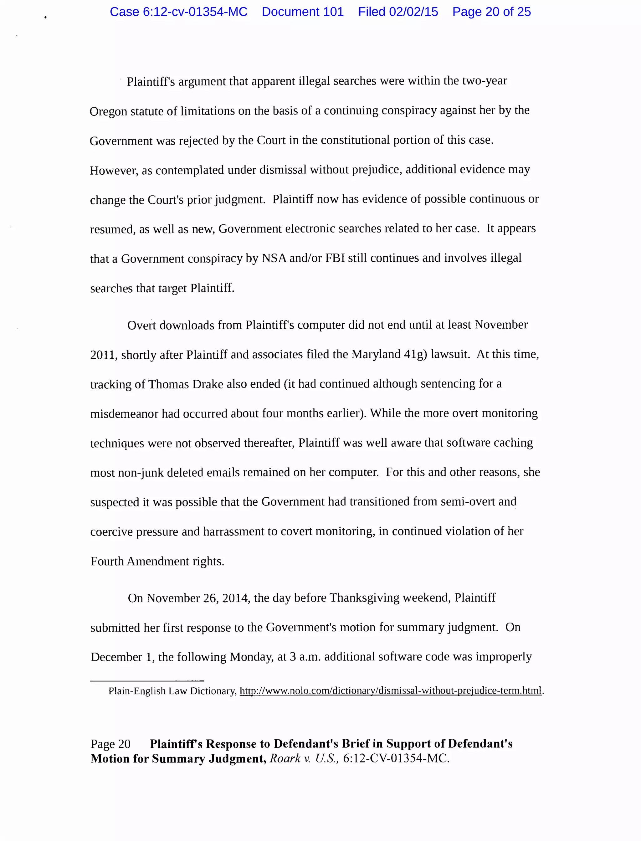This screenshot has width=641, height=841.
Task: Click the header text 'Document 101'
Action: click(303, 12)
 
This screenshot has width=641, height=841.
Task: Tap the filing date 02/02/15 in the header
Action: click(413, 12)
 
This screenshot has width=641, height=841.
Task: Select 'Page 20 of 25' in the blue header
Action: click(491, 12)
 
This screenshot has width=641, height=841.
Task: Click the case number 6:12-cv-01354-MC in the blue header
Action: click(195, 12)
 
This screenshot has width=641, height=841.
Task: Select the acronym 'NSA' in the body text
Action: click(274, 258)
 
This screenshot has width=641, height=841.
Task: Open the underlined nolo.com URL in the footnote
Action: click(390, 691)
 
